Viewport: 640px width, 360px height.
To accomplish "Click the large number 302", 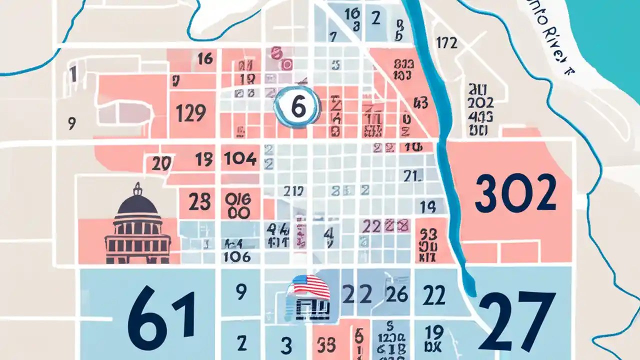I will [x=515, y=192].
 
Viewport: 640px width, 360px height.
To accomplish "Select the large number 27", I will [x=516, y=321].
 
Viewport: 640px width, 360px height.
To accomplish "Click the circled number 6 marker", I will [x=297, y=106].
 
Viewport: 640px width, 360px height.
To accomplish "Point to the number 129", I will [x=191, y=113].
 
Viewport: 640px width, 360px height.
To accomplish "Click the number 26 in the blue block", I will [x=397, y=294].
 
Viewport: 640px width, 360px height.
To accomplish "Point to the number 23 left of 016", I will [x=199, y=202].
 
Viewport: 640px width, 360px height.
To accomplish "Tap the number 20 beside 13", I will [x=162, y=163].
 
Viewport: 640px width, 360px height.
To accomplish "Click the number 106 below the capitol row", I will [x=237, y=256].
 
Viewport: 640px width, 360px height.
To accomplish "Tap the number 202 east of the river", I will [x=481, y=103].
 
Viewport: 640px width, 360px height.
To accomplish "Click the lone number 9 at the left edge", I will [x=71, y=122].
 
